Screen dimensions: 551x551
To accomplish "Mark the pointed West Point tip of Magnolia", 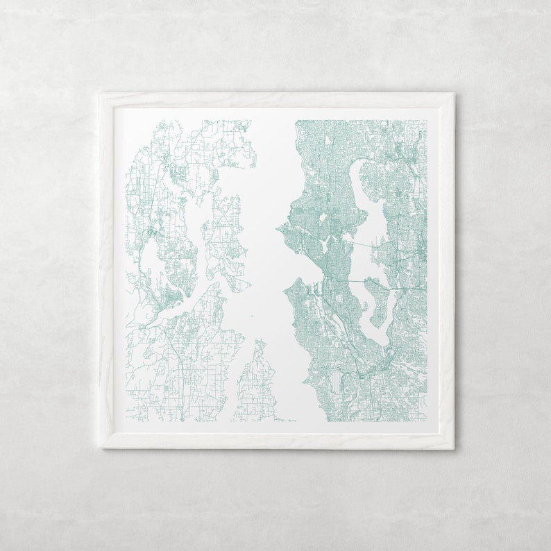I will (278, 226).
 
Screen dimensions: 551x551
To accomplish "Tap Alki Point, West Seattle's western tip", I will (286, 283).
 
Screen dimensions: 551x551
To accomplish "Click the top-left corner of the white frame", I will (99, 92).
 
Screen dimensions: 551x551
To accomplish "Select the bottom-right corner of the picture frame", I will (455, 448).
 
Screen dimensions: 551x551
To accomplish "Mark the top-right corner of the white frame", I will (455, 92).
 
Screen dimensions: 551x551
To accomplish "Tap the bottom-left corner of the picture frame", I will (100, 448).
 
